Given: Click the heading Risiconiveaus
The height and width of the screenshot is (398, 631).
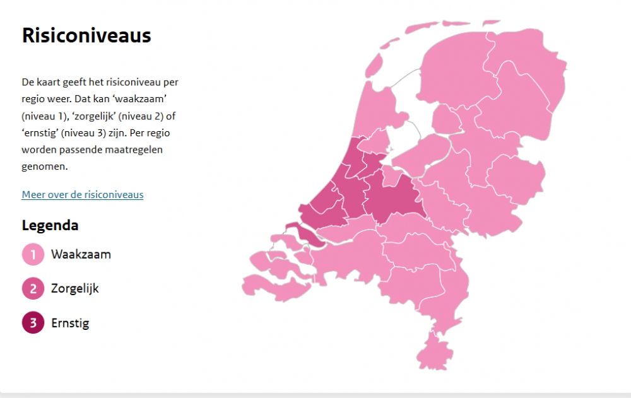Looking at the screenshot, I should tap(86, 35).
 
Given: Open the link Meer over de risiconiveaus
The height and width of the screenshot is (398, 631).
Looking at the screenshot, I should tap(83, 194).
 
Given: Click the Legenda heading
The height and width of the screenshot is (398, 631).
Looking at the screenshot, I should tap(50, 225).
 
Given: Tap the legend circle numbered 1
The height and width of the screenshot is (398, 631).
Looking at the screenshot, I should tap(33, 255).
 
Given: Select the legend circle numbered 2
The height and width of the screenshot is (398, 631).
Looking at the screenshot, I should tap(33, 289).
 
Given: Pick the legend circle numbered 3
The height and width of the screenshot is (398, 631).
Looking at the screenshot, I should tap(33, 323).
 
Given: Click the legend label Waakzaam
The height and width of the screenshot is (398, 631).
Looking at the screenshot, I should tap(81, 255).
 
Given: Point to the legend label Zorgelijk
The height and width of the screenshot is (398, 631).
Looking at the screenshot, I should tap(75, 289).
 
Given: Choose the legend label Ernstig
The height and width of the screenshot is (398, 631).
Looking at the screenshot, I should tap(70, 323).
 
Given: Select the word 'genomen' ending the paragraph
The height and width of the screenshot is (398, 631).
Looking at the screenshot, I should tap(44, 167).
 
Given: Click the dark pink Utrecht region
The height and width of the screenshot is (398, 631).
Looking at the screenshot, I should tap(391, 196).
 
